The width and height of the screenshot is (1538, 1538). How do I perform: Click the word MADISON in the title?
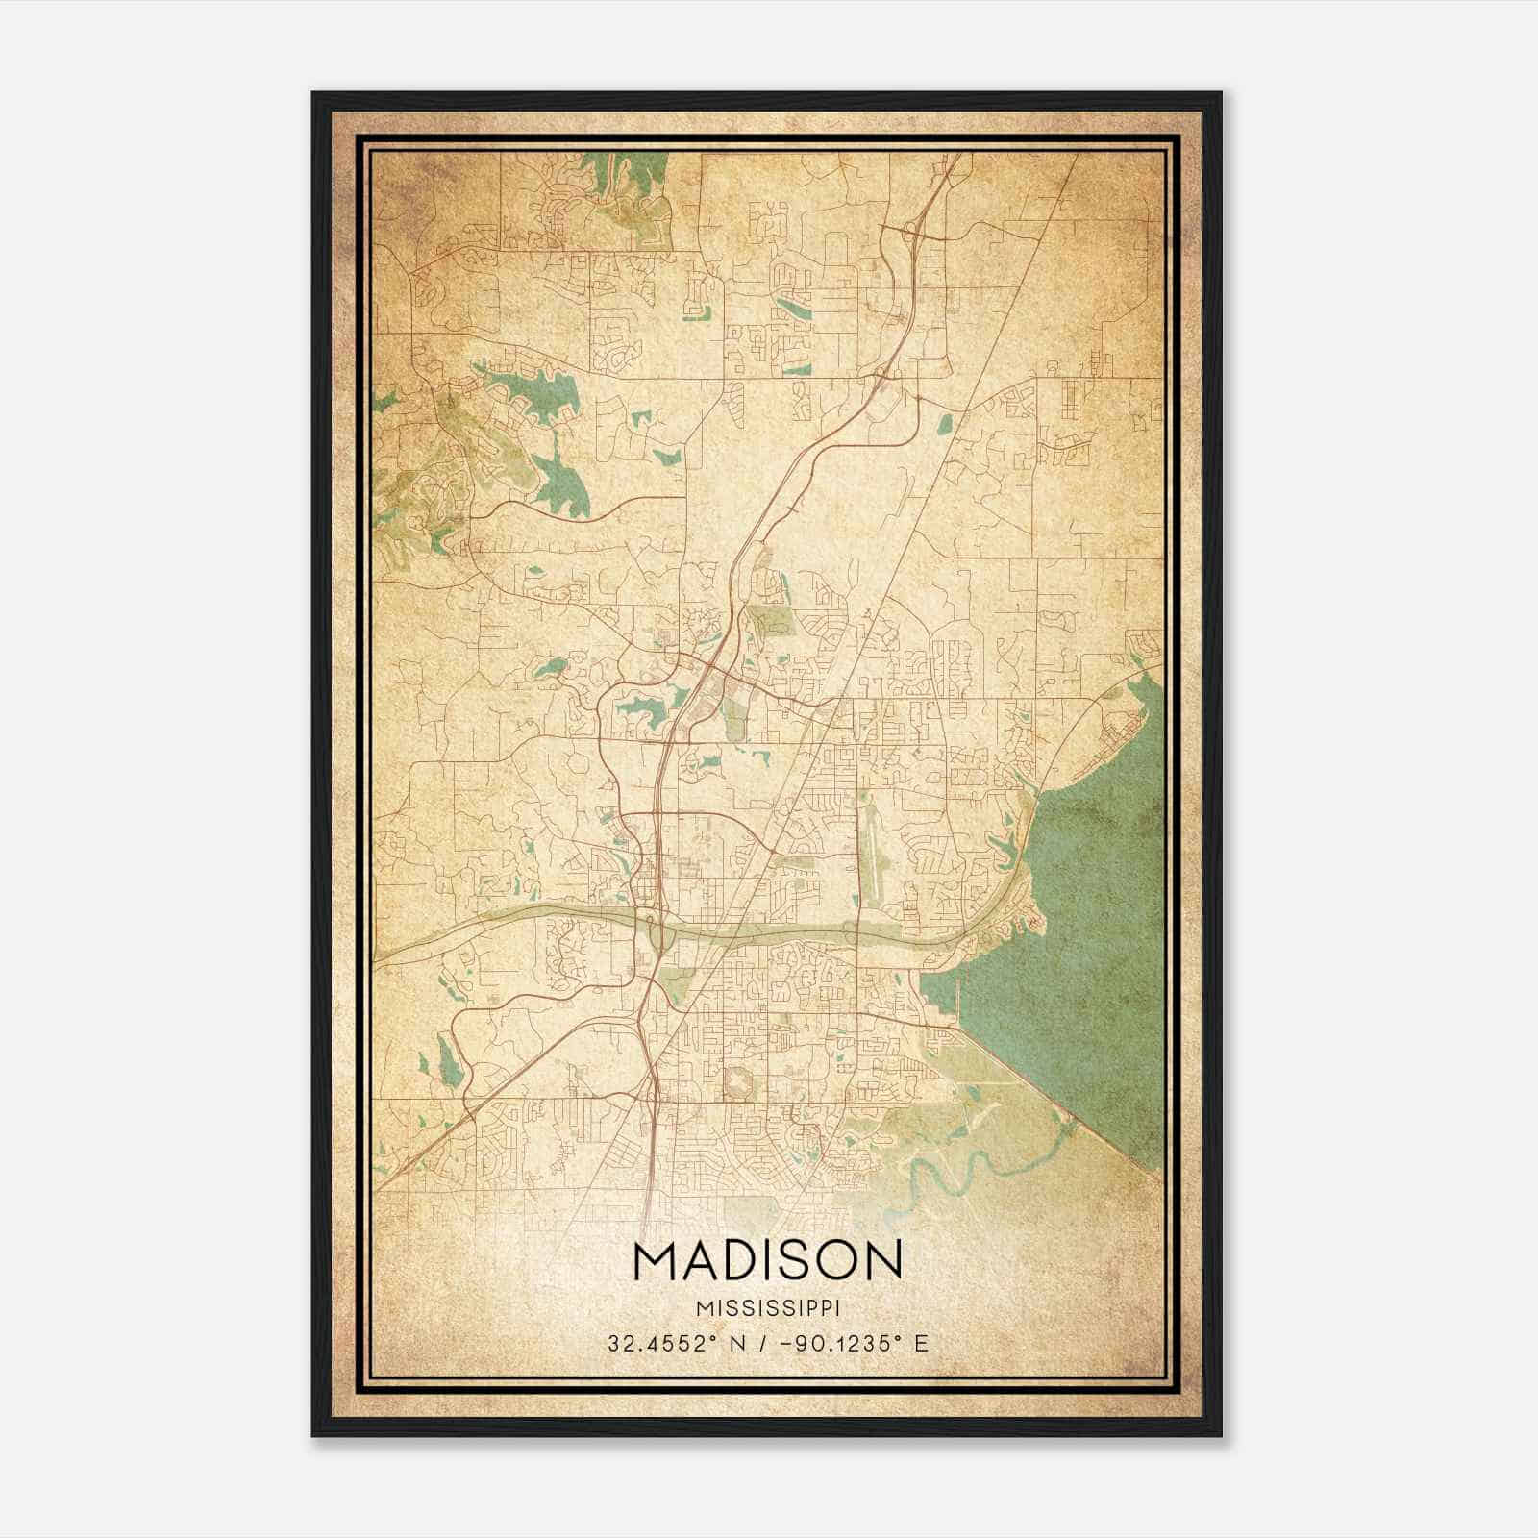[x=768, y=1261]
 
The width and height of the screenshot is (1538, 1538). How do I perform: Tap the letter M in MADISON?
[x=656, y=1261]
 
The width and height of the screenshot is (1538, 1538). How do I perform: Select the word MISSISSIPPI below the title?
[x=768, y=1308]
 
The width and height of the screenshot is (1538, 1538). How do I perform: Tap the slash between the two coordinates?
[x=761, y=1343]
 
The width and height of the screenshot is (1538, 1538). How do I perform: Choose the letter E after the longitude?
[x=921, y=1343]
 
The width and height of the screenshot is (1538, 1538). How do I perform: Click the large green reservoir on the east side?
[x=1096, y=923]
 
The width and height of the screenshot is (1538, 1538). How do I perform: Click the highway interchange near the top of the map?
[x=909, y=231]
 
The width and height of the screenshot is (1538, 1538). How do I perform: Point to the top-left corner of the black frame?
[x=313, y=93]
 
